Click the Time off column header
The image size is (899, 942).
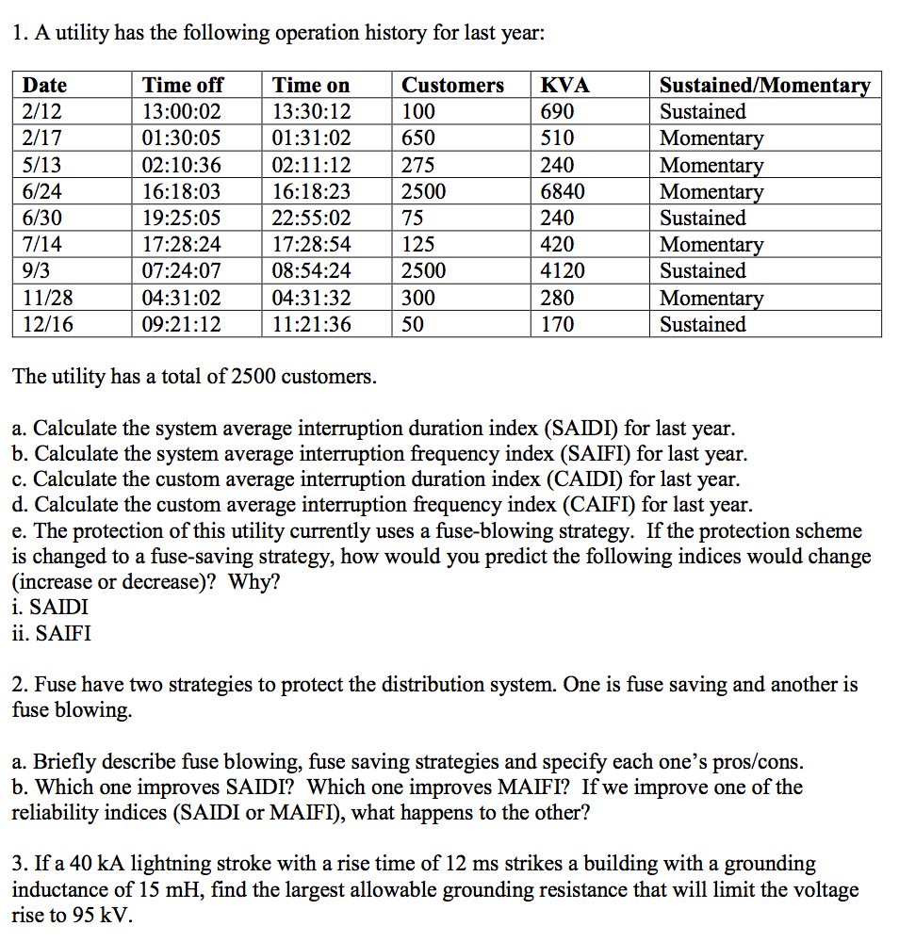click(x=183, y=85)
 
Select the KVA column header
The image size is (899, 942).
click(x=564, y=85)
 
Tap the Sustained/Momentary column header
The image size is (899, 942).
click(x=764, y=85)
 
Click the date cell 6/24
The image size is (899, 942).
click(x=41, y=192)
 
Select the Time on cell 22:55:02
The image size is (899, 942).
click(x=311, y=219)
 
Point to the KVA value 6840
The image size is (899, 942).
click(x=563, y=192)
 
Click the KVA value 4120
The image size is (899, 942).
click(x=563, y=271)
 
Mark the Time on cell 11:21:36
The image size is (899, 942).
click(x=311, y=325)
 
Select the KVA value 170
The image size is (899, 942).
click(x=557, y=325)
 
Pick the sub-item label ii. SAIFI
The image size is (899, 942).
click(x=52, y=634)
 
